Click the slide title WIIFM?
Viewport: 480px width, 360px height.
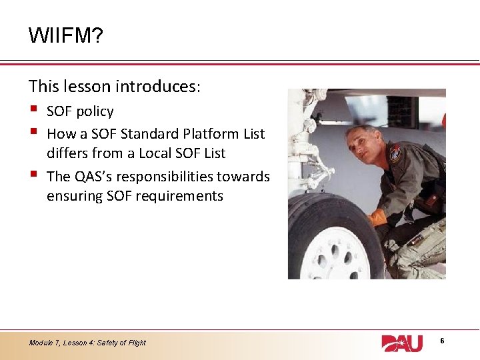[65, 35]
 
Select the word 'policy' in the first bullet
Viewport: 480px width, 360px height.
[95, 111]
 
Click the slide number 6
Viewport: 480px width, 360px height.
[442, 341]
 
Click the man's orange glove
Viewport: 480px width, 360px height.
[379, 218]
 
